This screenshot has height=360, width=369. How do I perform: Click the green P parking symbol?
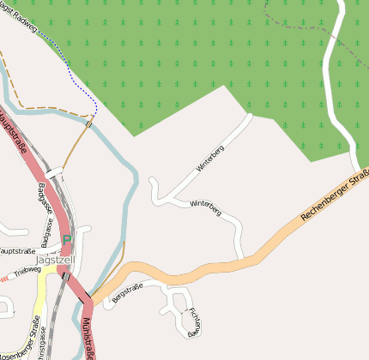(66, 243)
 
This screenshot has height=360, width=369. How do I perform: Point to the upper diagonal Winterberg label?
(209, 159)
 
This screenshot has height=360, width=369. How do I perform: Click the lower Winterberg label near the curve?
(206, 206)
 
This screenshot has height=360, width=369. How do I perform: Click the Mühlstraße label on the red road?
(88, 337)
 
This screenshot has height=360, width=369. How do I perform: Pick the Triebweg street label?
(27, 270)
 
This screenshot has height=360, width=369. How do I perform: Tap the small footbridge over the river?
(88, 125)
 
